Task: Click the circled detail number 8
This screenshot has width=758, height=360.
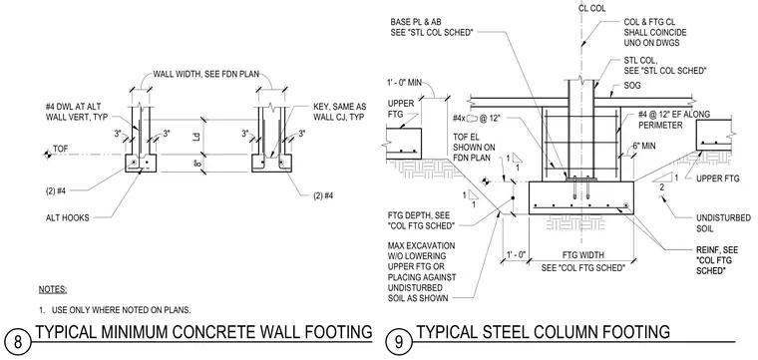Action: [18, 342]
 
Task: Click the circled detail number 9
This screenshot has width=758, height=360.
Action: [399, 342]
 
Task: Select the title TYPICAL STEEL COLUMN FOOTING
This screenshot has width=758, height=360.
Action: [543, 332]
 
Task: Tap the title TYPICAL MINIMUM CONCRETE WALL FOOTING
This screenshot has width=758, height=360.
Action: [204, 332]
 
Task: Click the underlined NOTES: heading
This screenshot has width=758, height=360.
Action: [53, 290]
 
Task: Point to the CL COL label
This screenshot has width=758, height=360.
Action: [591, 8]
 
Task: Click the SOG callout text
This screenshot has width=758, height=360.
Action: [632, 86]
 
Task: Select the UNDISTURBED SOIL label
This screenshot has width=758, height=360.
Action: [723, 222]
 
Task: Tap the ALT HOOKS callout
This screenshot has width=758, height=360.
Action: [67, 218]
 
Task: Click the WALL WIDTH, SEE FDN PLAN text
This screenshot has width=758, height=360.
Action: [205, 74]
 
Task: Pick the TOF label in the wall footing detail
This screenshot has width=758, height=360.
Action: [61, 149]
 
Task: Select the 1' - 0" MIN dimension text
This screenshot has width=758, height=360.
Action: [404, 82]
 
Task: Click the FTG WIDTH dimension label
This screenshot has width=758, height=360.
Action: [582, 254]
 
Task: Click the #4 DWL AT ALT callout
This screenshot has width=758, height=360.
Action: [77, 111]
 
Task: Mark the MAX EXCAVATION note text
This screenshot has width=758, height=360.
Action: [422, 271]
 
